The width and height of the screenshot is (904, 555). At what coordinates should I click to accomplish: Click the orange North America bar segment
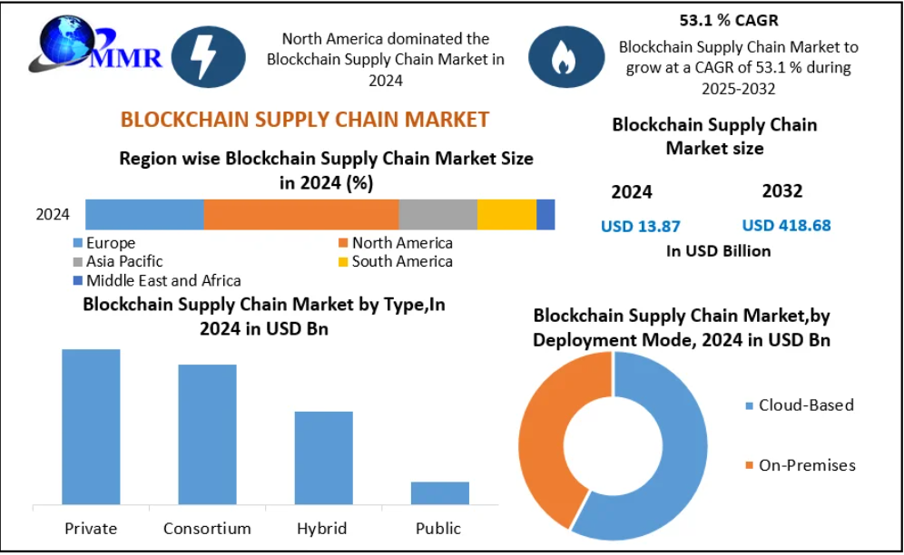tap(300, 214)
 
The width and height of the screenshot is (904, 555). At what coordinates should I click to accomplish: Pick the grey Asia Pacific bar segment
tap(437, 214)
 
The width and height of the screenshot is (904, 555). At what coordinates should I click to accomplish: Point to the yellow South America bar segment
tap(506, 214)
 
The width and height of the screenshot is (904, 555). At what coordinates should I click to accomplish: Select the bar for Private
tap(91, 426)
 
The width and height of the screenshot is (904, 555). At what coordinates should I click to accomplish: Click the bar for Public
tap(439, 492)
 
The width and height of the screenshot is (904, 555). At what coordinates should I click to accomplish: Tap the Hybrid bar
tap(323, 457)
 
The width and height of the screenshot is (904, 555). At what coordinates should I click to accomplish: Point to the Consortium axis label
tap(207, 528)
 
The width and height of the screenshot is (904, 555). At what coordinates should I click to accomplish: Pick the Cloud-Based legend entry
tap(799, 405)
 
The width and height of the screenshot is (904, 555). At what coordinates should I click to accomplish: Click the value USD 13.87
tap(641, 226)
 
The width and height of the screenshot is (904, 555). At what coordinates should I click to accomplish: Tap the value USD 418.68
tap(786, 225)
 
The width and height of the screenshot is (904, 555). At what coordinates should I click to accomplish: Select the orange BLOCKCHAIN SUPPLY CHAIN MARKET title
tap(305, 119)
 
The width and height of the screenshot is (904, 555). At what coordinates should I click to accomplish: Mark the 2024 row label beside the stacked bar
tap(53, 215)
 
